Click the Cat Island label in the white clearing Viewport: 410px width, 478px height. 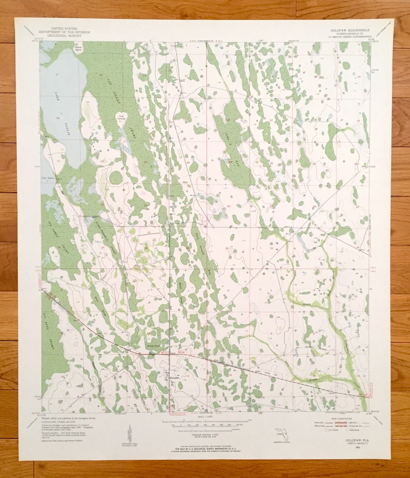[x=121, y=117]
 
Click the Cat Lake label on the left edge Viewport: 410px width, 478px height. [x=47, y=178]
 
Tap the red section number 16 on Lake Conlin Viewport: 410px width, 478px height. [x=58, y=118]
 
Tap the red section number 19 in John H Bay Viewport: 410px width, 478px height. [x=230, y=162]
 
